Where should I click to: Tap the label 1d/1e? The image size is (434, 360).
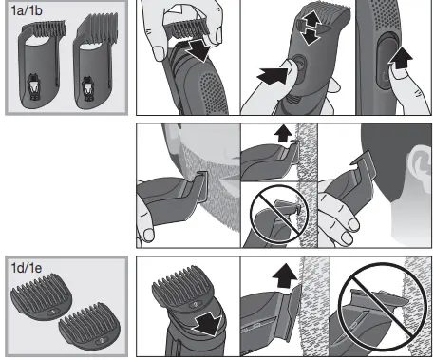[x=29, y=265]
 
